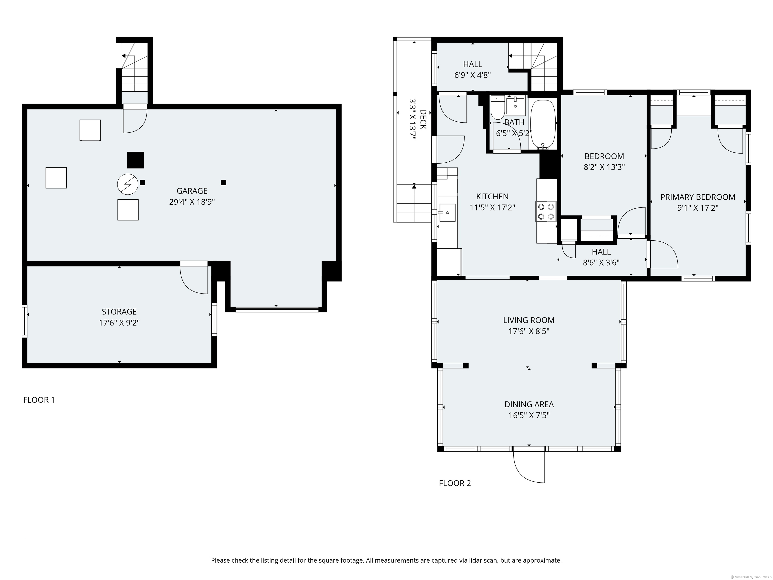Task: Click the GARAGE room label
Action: point(192,191)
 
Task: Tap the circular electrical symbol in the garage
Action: point(128,184)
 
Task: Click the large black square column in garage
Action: point(136,160)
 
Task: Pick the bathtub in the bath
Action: point(543,124)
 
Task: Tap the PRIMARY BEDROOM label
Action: point(698,197)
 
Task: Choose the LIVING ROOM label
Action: point(529,320)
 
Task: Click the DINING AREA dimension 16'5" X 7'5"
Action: point(529,416)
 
